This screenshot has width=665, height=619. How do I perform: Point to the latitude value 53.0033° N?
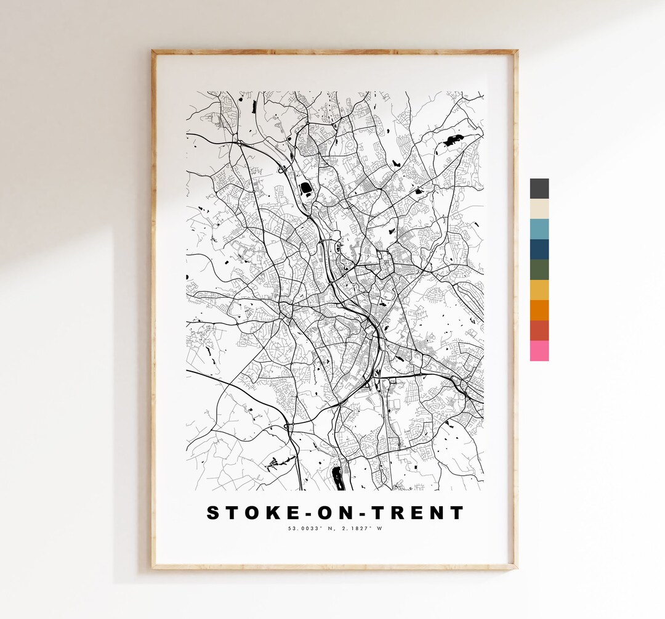point(310,528)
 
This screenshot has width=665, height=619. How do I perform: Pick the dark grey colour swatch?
point(539,189)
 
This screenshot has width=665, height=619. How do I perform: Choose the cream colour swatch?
point(539,208)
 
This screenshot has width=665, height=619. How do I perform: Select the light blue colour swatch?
point(539,229)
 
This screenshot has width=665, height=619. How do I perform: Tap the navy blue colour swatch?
point(539,249)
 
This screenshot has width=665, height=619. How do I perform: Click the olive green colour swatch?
point(539,269)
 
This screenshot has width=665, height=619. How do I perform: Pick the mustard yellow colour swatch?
point(539,290)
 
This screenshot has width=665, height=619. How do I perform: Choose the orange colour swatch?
point(539,310)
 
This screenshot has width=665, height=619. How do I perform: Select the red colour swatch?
point(539,330)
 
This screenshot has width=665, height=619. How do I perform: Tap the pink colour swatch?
point(539,351)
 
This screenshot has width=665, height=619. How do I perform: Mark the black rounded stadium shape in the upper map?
point(305,187)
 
